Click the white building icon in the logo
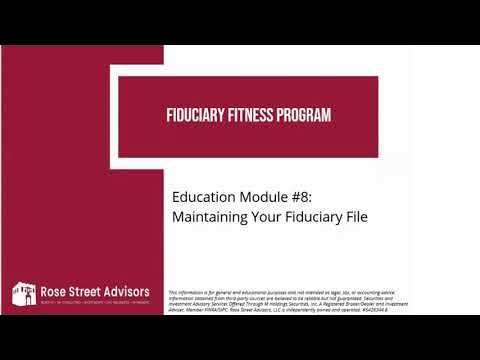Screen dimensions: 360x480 22,294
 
